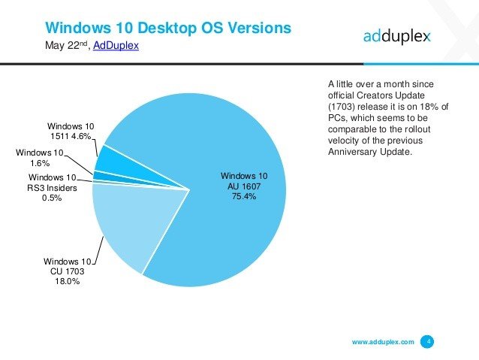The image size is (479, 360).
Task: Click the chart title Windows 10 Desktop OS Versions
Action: point(167,29)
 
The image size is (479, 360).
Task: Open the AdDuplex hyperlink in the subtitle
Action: point(116,47)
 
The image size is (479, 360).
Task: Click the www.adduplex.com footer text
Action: point(383,342)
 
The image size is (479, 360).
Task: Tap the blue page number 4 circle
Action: point(427,342)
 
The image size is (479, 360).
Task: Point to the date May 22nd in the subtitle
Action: point(67,47)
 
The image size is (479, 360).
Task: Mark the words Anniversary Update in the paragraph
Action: point(370,153)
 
